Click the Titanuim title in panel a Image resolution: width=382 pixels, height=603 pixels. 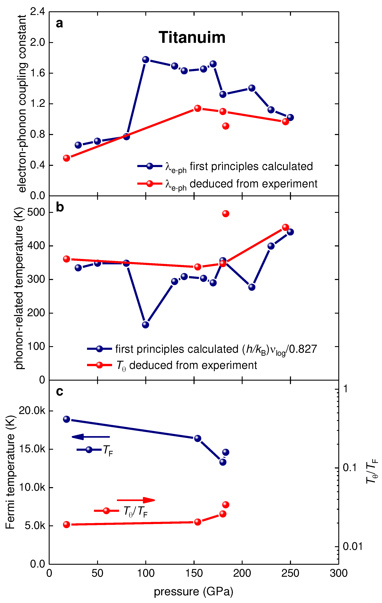tap(192, 38)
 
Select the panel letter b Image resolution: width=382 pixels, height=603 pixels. tap(60, 207)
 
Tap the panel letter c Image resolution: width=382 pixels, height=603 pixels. tap(59, 391)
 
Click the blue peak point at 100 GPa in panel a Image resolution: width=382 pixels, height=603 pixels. tap(145, 60)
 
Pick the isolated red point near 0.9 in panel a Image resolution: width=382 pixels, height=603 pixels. tap(225, 126)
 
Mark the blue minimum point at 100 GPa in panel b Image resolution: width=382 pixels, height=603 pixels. tap(145, 325)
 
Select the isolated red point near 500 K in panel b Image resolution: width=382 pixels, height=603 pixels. tap(225, 214)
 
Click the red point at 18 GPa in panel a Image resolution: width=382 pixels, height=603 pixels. tap(66, 158)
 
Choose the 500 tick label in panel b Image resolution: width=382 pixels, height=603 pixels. tap(36, 212)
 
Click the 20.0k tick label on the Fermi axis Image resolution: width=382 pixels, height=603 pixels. tap(32, 411)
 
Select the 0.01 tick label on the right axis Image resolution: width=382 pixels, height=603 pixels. tap(352, 546)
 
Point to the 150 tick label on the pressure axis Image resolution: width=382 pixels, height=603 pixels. tap(194, 573)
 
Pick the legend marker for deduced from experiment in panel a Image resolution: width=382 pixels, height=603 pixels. tap(149, 184)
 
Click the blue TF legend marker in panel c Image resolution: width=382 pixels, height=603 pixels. tap(89, 450)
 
